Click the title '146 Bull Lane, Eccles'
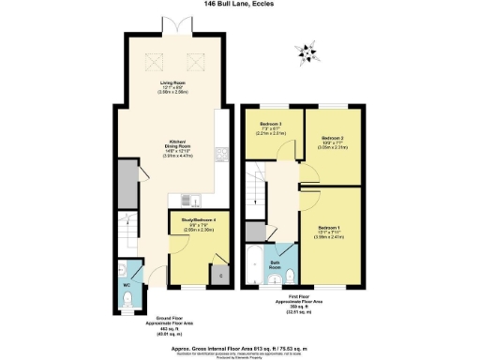tap(240, 5)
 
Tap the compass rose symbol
tap(304, 51)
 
